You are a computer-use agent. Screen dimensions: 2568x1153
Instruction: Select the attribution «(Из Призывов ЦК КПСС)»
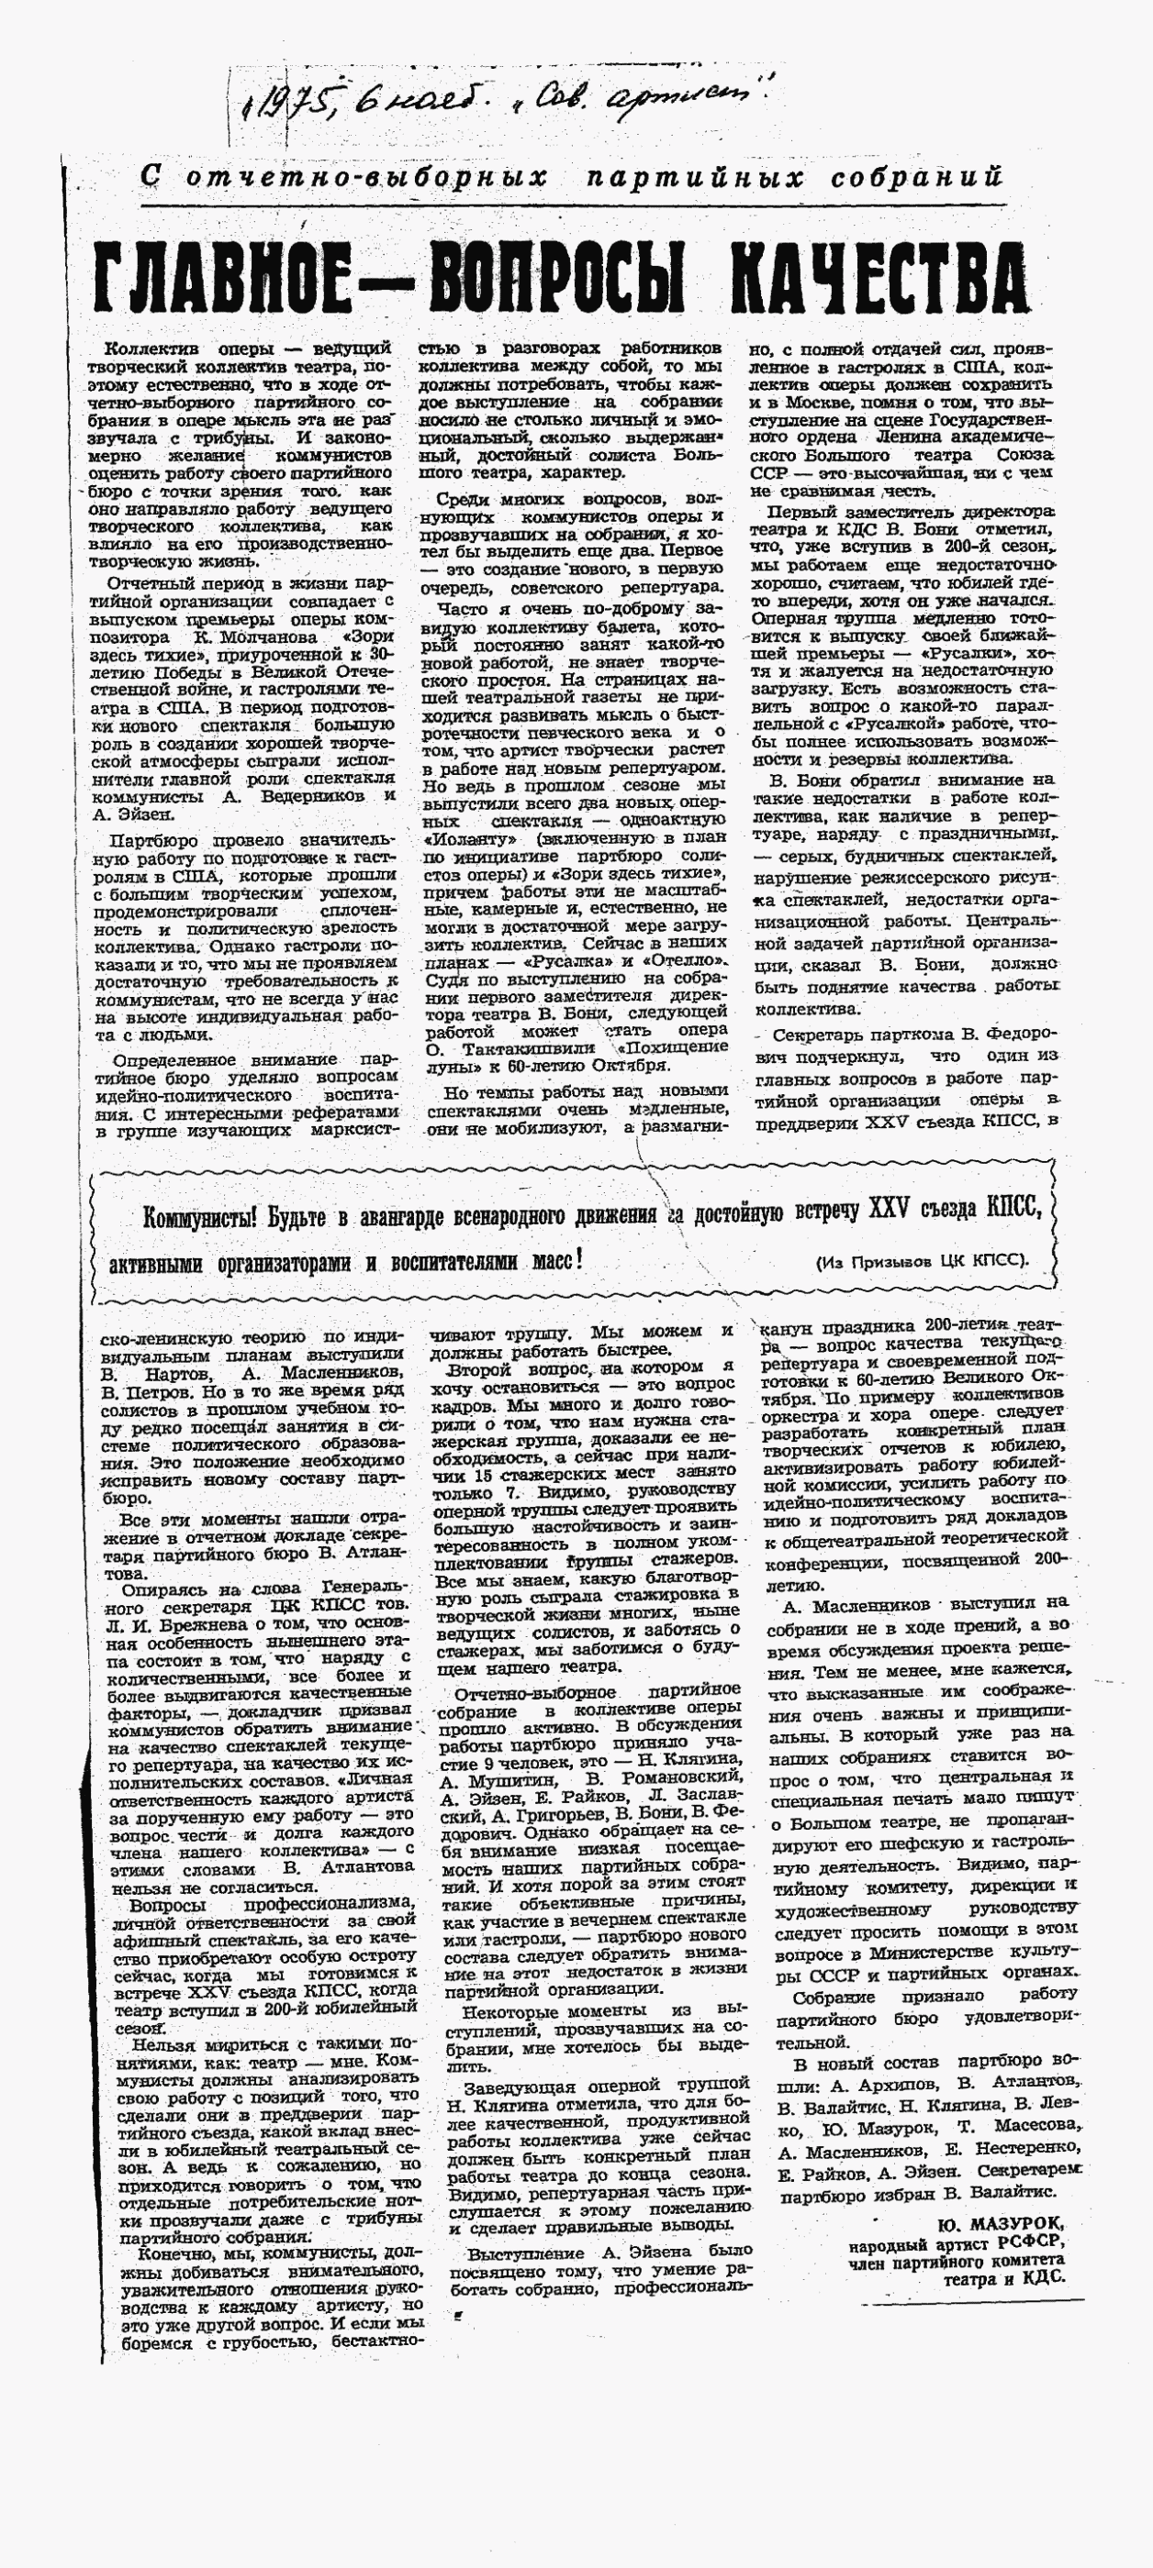point(923,1261)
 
